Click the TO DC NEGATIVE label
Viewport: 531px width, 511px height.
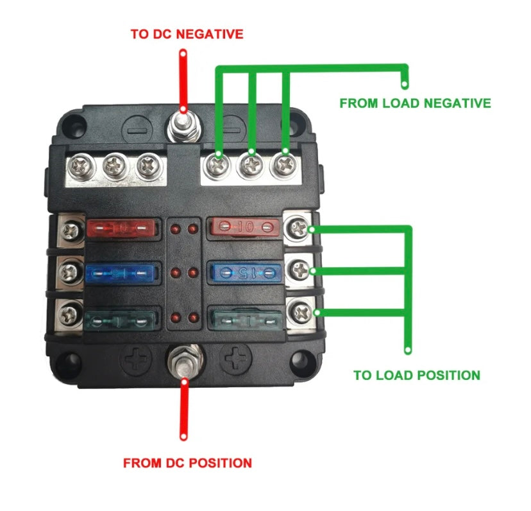click(187, 34)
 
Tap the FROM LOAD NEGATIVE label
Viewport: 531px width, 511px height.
click(415, 103)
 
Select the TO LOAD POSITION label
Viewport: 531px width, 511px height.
click(417, 375)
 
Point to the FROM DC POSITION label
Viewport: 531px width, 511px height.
click(187, 462)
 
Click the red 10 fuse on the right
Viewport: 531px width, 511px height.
click(244, 227)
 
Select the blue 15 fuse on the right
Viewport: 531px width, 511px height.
click(244, 272)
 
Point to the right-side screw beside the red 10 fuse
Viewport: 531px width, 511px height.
click(299, 227)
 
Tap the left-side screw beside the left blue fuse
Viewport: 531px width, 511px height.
click(68, 273)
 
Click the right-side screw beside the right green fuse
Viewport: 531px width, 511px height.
click(299, 313)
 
